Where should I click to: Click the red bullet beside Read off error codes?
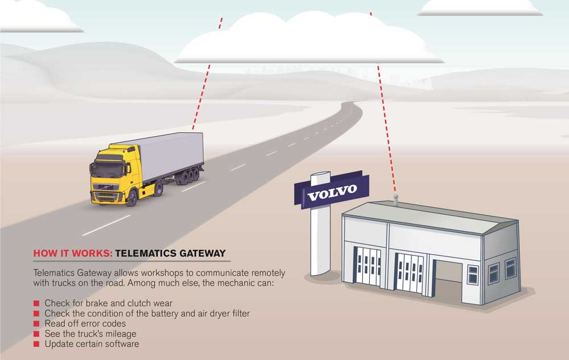click(x=36, y=324)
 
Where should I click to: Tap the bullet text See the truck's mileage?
click(x=90, y=334)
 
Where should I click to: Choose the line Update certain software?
click(x=92, y=344)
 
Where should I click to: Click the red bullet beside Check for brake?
click(x=36, y=303)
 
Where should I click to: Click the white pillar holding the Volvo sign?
click(x=316, y=239)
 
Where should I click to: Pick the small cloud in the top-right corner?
click(x=480, y=7)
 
